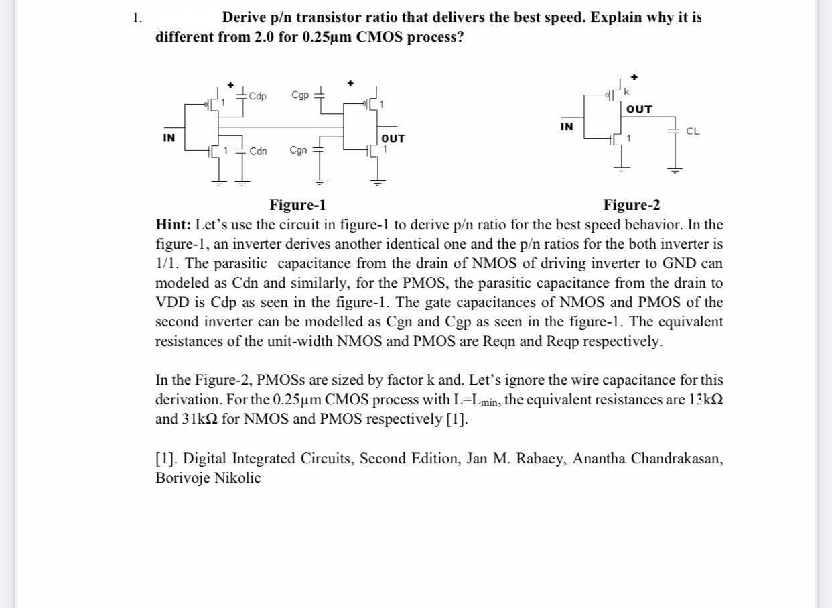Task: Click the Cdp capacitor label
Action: pos(257,97)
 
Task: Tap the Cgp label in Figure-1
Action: pos(299,95)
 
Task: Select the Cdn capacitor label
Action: pos(258,151)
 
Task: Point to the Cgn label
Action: pos(299,151)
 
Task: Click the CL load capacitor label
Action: pos(693,132)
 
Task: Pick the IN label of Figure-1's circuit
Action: pos(169,138)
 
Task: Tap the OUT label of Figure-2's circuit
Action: pos(639,109)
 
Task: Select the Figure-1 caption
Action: pos(297,205)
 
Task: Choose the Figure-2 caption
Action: pos(632,205)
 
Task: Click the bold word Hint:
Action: pos(174,225)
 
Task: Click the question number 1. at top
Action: pos(137,18)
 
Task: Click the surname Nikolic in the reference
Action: pos(237,478)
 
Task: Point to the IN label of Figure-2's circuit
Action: pos(567,126)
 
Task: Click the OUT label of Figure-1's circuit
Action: pos(393,139)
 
